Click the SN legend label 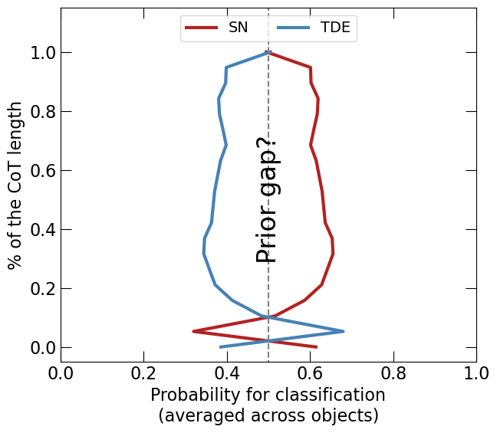[x=239, y=28]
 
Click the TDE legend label [x=335, y=28]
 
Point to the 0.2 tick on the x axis [x=143, y=362]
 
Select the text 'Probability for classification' [x=268, y=395]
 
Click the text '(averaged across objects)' [x=268, y=416]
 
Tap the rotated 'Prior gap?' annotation [x=267, y=200]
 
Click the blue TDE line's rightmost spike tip [x=343, y=331]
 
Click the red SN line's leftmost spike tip [x=193, y=331]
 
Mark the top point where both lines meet [x=268, y=52]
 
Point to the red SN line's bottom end [x=316, y=347]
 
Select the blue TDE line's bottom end [x=221, y=347]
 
